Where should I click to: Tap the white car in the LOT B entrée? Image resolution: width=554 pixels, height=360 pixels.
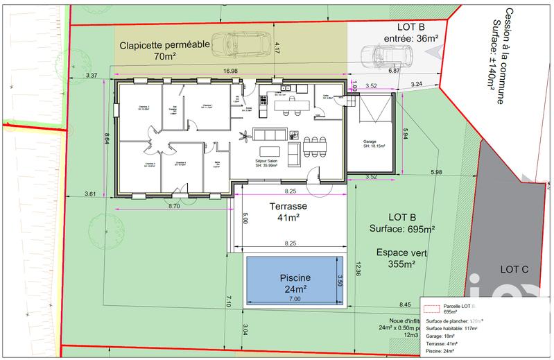pyautogui.click(x=387, y=54)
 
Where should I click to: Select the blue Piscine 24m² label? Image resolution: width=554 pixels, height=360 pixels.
pyautogui.click(x=295, y=283)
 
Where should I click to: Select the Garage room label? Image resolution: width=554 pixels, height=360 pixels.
pyautogui.click(x=373, y=145)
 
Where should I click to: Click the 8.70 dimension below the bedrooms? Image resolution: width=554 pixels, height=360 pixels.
pyautogui.click(x=174, y=206)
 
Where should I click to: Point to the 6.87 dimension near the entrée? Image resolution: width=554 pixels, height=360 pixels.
pyautogui.click(x=394, y=71)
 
